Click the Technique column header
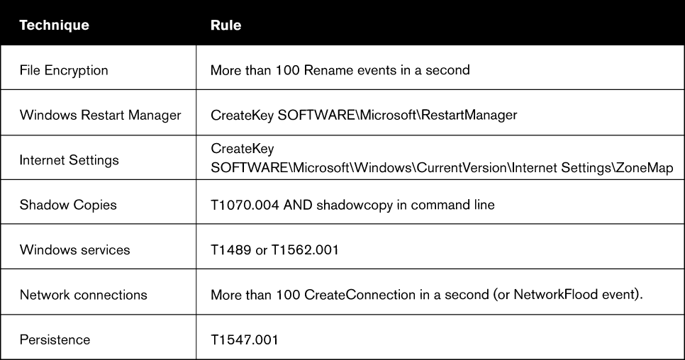[54, 25]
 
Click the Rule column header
[226, 25]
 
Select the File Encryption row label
[64, 70]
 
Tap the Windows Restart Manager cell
[100, 115]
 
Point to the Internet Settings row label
[69, 160]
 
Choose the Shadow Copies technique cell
[68, 205]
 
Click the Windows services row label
[74, 249]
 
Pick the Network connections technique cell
[84, 295]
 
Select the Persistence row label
[55, 339]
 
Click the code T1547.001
[244, 339]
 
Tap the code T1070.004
[245, 205]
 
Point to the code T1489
[230, 249]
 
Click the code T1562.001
[305, 249]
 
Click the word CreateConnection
[360, 295]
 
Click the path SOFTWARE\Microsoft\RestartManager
[397, 115]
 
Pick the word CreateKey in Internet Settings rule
[242, 148]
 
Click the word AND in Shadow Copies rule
[298, 205]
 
